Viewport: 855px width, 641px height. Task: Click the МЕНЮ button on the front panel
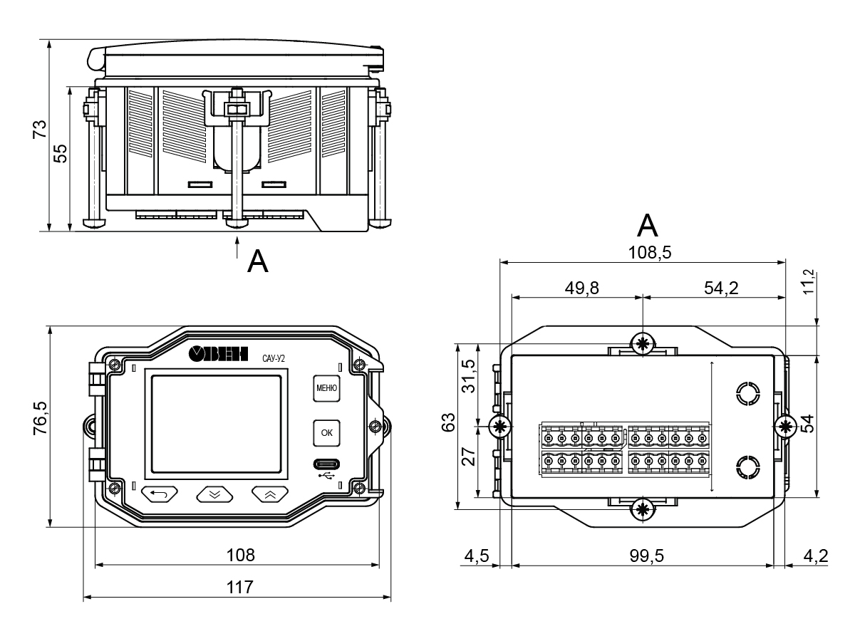(x=326, y=388)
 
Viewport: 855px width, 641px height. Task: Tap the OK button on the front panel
(x=326, y=433)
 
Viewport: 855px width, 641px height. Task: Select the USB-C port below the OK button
(x=326, y=464)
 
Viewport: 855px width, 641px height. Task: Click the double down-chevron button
(x=214, y=494)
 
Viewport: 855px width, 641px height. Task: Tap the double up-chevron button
(x=270, y=494)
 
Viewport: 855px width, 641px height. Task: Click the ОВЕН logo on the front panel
(x=218, y=354)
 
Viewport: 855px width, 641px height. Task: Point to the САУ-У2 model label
(x=274, y=358)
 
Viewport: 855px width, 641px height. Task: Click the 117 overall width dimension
(x=240, y=587)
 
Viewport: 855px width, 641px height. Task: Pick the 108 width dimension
(x=240, y=555)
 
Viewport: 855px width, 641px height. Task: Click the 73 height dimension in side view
(x=40, y=129)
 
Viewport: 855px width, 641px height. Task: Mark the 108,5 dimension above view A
(x=650, y=252)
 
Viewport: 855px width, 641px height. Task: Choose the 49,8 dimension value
(x=582, y=288)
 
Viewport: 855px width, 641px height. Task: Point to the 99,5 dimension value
(x=647, y=556)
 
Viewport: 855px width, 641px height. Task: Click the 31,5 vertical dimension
(x=469, y=376)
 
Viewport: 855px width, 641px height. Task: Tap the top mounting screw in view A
(x=643, y=344)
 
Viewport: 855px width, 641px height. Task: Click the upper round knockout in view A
(x=748, y=394)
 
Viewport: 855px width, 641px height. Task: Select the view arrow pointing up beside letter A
(x=237, y=246)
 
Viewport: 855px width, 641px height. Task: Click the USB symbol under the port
(x=326, y=475)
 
